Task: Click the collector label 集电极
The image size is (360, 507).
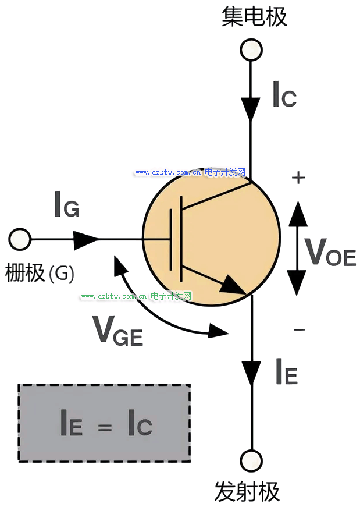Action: tap(255, 17)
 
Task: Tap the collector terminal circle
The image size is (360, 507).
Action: tap(251, 49)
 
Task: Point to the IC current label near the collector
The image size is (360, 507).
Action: tap(284, 95)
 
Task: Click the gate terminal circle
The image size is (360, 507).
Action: tap(20, 239)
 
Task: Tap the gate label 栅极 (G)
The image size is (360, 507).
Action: tap(40, 272)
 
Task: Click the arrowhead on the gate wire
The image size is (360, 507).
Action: tap(85, 239)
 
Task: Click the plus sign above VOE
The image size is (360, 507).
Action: tap(298, 178)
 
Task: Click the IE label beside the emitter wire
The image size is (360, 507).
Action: tap(287, 373)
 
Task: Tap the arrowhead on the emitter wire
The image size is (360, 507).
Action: tap(251, 373)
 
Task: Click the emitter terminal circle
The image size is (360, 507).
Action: tap(251, 459)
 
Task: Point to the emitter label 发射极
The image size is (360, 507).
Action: tap(247, 492)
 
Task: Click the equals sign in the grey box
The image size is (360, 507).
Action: tap(105, 428)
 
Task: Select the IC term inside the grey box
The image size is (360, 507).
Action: tap(140, 424)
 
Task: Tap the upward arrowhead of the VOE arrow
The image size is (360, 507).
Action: tap(298, 213)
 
